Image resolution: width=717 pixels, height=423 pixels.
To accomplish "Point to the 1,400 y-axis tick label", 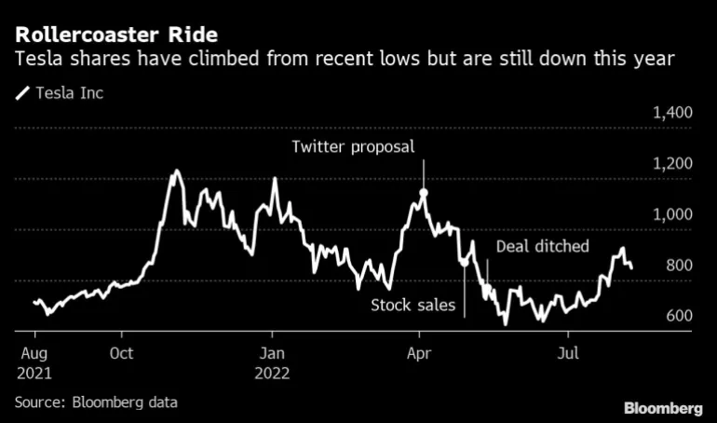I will click(672, 113).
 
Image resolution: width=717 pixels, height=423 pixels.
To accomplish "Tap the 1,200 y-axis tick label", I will click(672, 164).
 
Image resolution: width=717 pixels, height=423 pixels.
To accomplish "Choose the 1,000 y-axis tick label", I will click(672, 214).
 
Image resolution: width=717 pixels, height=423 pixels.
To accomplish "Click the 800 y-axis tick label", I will click(679, 266).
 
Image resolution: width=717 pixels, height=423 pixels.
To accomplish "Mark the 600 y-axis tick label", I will click(679, 316).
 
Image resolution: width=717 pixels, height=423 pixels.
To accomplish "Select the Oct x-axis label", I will click(121, 354).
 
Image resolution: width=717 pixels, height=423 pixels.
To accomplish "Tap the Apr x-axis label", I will click(419, 354).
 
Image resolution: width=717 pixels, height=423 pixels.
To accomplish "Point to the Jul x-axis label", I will click(565, 354).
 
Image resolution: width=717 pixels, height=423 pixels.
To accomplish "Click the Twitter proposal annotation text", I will click(352, 147).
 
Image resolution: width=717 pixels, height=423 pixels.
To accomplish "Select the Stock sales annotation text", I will click(413, 305).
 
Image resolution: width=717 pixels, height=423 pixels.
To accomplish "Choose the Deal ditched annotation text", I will click(543, 246).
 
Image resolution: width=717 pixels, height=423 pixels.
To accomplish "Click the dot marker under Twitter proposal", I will click(424, 193).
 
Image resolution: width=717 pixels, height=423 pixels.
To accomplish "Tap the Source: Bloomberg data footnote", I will click(96, 403).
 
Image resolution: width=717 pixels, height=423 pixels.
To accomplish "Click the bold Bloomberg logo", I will click(663, 408).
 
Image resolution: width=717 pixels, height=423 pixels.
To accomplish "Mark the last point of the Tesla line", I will click(632, 268).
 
